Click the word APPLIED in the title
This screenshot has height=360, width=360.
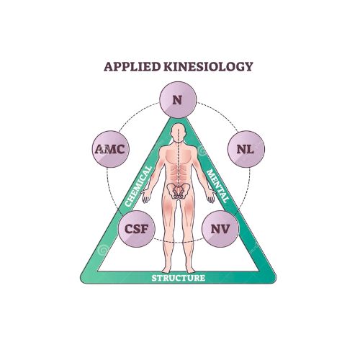point(132,66)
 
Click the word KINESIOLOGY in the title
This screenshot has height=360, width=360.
point(208,66)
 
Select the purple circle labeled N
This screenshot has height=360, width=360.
point(178,99)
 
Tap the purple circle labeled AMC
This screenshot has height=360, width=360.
point(111,149)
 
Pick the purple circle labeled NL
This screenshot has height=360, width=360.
point(246,149)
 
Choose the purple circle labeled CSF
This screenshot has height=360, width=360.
point(137,229)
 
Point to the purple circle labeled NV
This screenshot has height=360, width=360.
point(220,229)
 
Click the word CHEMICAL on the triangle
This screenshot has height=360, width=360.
point(139,186)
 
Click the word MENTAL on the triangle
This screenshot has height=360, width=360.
point(217,186)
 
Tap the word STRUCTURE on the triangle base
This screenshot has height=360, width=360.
point(179,278)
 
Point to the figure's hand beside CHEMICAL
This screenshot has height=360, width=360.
point(145,197)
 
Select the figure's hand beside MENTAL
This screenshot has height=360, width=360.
point(211,197)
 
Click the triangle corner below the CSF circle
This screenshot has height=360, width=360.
point(82,280)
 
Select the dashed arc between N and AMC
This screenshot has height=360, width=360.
point(138,115)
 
